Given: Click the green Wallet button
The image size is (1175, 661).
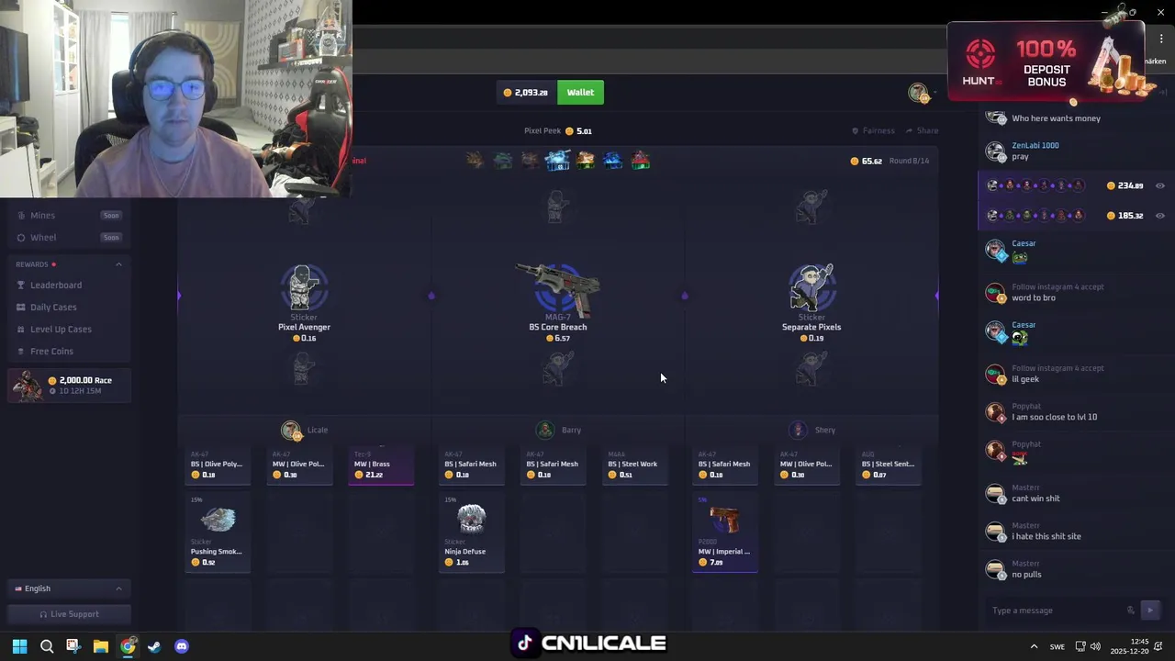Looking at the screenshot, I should coord(580,93).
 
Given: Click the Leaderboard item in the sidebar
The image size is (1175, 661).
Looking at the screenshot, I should coord(55,286).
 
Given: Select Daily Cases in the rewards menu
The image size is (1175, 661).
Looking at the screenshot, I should coord(52,308).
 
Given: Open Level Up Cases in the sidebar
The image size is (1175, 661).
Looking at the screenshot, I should coord(60,330).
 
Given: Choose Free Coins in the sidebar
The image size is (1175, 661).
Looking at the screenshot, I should coord(50,352).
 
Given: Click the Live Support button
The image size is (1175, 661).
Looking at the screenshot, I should coord(69,614).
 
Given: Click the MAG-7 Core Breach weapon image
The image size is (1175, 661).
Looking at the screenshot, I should coord(558,288).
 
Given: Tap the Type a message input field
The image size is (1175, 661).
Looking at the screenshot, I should coord(1056,611).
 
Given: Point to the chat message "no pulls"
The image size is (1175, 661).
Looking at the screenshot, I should coord(1026,575).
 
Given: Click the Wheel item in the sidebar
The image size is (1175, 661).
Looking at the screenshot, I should coord(43,238).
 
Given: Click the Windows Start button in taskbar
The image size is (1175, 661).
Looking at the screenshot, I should coord(19,646).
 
